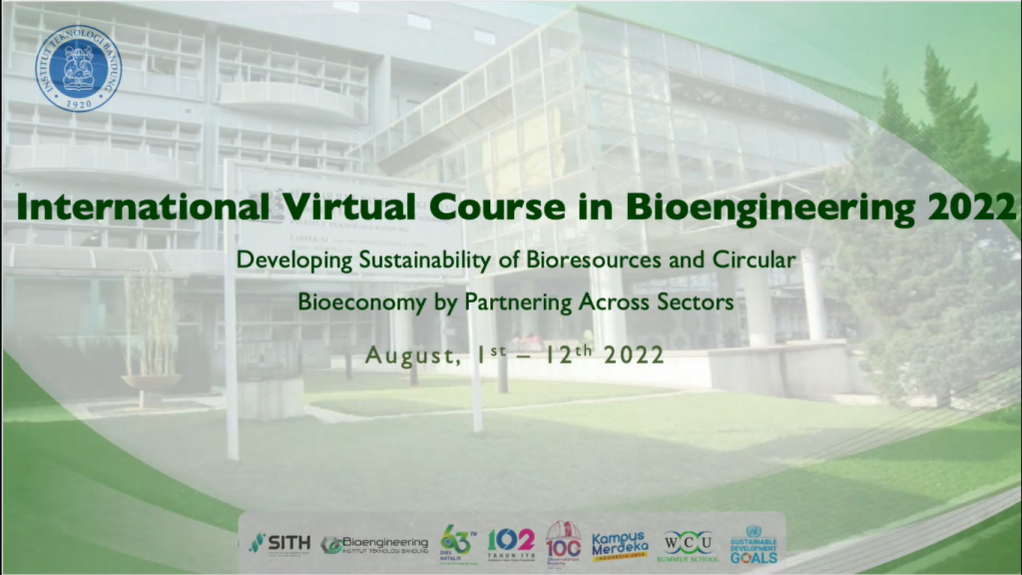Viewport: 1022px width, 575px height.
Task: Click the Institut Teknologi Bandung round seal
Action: tap(78, 68)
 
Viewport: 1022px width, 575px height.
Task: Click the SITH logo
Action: tap(278, 543)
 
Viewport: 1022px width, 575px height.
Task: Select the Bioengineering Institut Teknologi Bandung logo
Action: tap(374, 544)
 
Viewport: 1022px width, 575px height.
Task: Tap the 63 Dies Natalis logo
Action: tap(456, 543)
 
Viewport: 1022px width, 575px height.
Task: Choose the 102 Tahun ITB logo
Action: tap(510, 543)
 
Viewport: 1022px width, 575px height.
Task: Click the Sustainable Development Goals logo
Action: tap(754, 544)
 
